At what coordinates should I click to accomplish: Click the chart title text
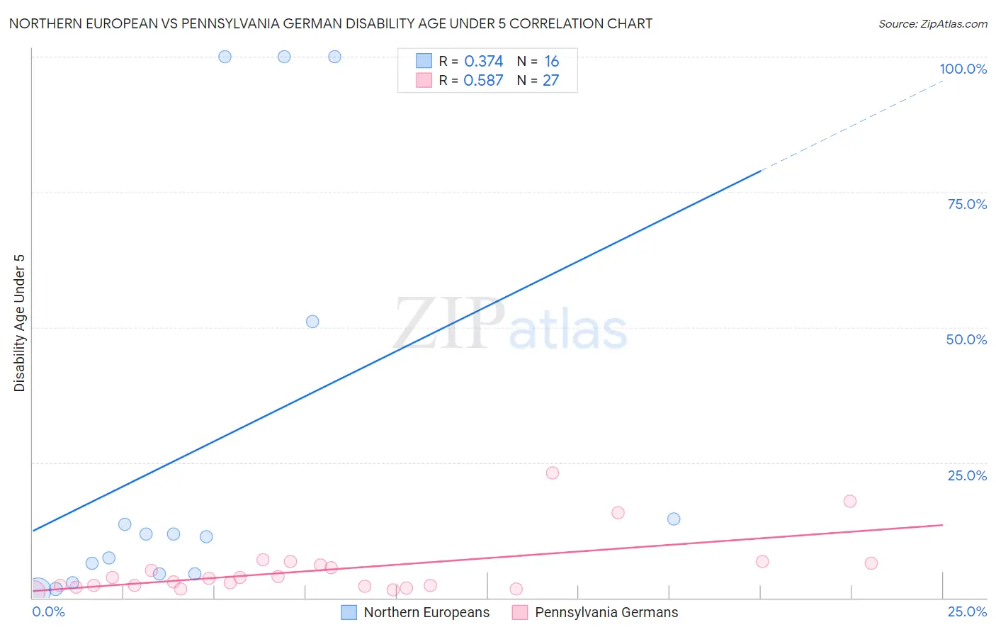330,23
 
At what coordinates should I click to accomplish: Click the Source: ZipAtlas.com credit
932,23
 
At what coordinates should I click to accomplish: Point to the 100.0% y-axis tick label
963,69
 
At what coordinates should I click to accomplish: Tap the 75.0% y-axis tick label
967,204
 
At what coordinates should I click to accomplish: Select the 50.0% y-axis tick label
966,339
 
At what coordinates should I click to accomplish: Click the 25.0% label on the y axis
967,475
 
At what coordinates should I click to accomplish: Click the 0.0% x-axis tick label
49,611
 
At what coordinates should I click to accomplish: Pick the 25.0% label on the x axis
967,611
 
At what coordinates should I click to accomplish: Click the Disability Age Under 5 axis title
20,322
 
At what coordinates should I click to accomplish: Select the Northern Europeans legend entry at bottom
426,612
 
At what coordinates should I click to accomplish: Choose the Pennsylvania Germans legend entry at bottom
606,612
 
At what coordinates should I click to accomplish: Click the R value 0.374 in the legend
483,62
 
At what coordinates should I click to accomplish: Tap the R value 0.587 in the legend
483,81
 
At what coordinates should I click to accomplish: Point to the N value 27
550,81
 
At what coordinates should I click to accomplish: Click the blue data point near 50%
312,322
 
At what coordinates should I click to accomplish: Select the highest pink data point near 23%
553,473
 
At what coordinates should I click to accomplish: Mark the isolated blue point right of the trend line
674,519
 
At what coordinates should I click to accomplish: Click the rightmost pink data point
871,563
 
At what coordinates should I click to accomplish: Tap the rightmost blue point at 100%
334,57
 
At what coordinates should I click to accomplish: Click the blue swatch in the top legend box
424,61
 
